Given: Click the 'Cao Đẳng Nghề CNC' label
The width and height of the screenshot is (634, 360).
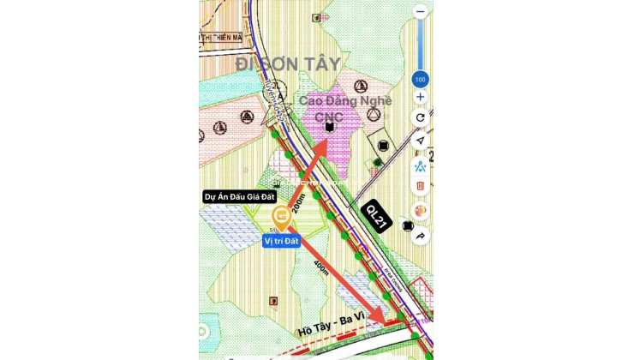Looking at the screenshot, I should point(344,108).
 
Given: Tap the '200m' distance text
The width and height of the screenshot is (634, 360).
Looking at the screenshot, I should point(298,202).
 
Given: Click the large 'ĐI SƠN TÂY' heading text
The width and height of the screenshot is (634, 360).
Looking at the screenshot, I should point(288,64).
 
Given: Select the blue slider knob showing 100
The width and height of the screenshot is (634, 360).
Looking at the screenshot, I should point(420,80).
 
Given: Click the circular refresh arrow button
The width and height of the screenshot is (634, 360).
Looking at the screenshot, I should point(420,117).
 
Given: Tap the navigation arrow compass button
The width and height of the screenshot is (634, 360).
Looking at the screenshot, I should point(420,141).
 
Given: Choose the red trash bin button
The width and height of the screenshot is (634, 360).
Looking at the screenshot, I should point(420,185).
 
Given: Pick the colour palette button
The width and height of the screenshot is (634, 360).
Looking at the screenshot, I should point(420,209).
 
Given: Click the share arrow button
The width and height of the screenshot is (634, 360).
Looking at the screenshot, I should point(420,234).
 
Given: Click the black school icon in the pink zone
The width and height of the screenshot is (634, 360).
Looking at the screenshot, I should point(329,127).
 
